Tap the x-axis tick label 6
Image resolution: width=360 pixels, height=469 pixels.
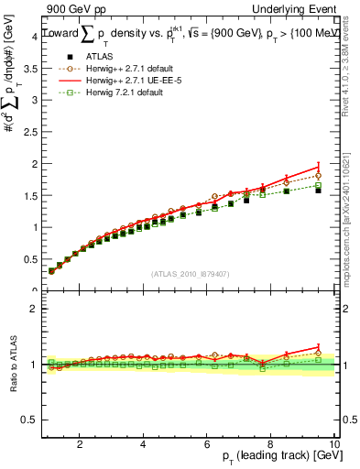(x=208, y=443)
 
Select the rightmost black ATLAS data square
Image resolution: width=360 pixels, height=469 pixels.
(x=318, y=191)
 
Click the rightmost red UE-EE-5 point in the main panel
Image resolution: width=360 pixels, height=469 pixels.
(x=318, y=167)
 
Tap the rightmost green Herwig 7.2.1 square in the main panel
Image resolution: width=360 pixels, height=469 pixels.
(x=318, y=185)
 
